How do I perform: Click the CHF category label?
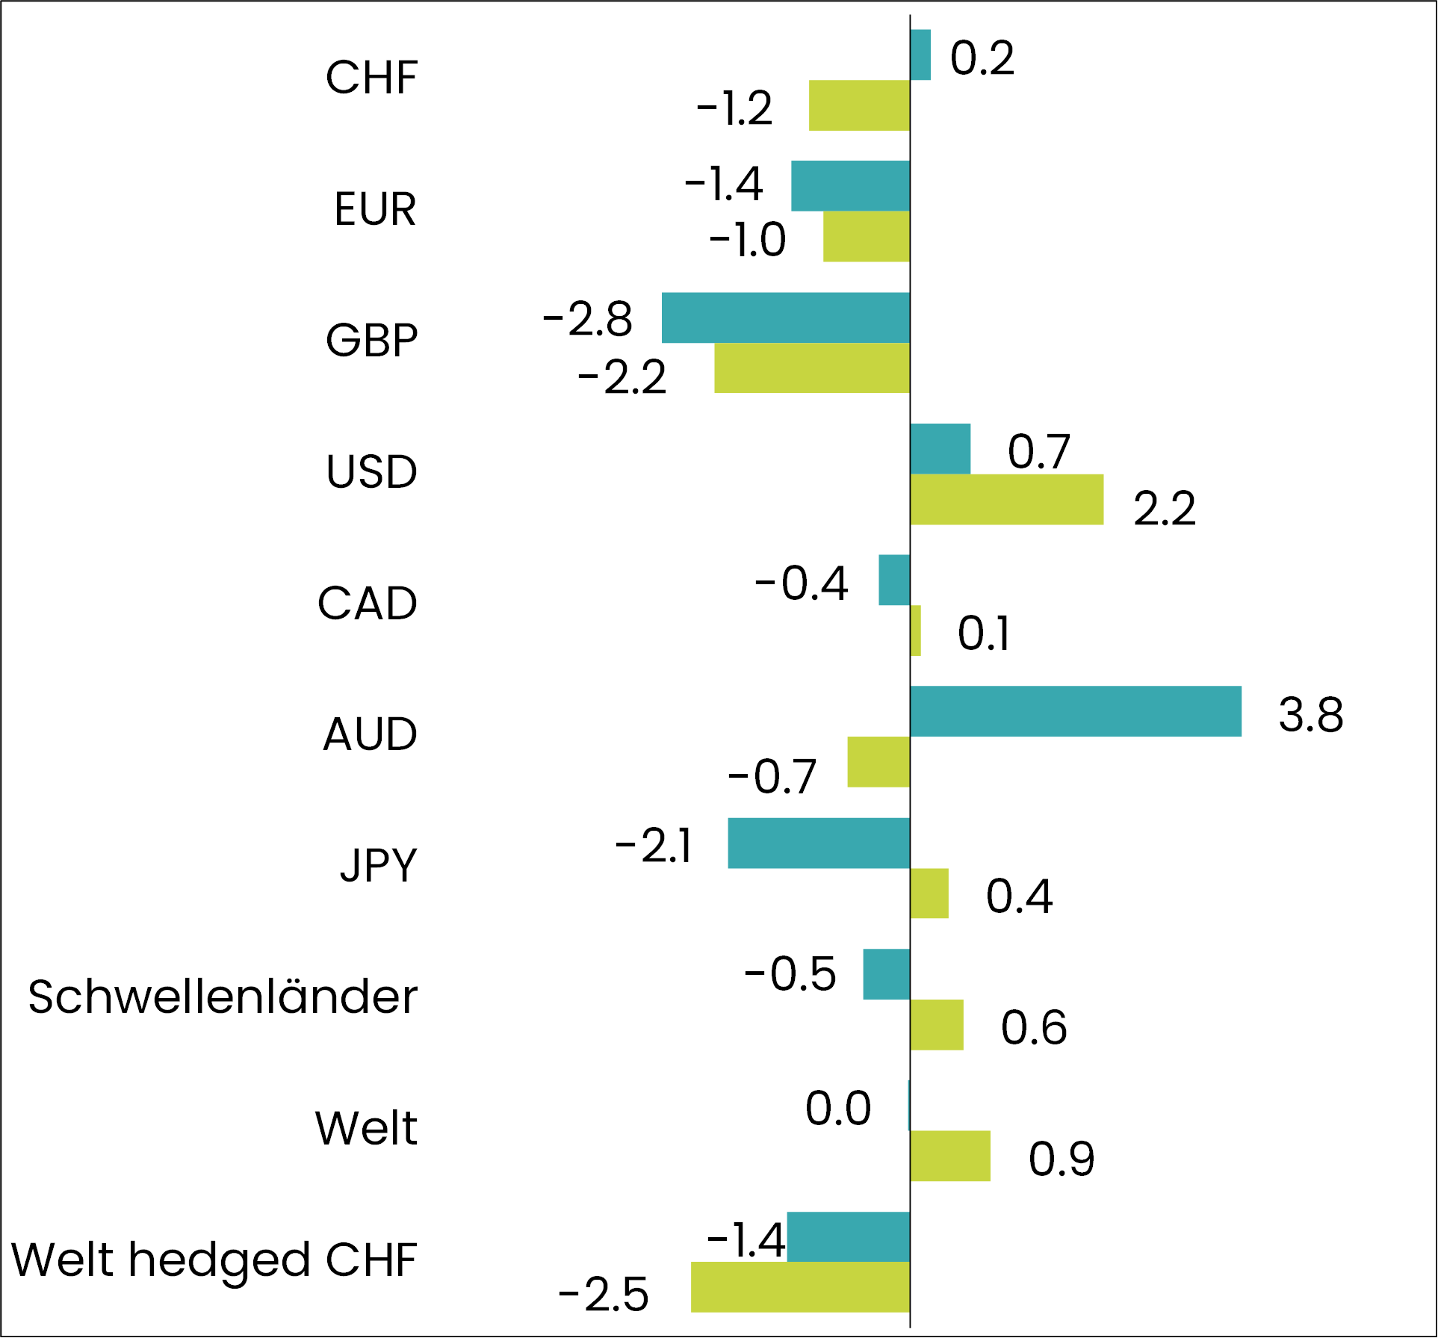(371, 77)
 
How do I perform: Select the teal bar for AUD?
(1075, 711)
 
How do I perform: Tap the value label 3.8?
(1310, 714)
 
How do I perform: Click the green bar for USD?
(1006, 499)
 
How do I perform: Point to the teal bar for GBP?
(785, 318)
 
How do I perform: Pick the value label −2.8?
(588, 320)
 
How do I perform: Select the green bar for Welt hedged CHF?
(800, 1286)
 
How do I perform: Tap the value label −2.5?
(604, 1295)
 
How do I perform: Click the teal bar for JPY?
(819, 843)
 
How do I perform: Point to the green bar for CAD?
(916, 631)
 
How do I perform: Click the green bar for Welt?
(950, 1156)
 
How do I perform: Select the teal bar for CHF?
(920, 55)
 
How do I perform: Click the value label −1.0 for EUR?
(747, 241)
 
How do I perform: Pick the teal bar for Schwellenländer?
(886, 974)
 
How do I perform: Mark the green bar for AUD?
(878, 762)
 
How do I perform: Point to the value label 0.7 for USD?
(1038, 452)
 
